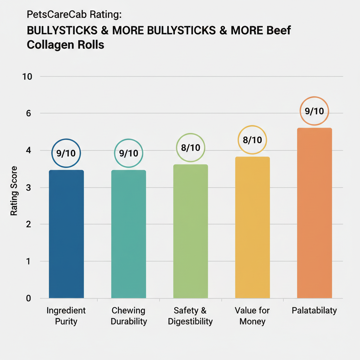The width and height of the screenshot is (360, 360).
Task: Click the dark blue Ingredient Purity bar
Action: pos(66,234)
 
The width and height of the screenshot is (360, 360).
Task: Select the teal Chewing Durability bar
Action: pos(129,234)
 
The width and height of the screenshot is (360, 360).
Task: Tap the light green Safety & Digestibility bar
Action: pos(191,231)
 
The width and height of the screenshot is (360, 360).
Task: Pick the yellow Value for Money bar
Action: pos(252,227)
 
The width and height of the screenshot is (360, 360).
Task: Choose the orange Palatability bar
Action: pos(314,213)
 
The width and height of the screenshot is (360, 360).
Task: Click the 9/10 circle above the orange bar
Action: pos(314,111)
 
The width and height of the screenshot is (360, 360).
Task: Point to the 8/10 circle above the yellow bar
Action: pos(252,140)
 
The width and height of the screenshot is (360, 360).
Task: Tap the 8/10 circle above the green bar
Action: pos(190,148)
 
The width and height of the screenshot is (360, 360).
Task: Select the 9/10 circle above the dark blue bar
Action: pos(66,153)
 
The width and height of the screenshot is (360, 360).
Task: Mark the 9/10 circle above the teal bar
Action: pos(129,153)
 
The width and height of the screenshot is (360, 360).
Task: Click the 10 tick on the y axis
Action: pos(27,77)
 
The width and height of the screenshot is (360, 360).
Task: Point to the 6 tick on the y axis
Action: pos(29,114)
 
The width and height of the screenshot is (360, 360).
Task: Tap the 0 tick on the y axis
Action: pos(29,298)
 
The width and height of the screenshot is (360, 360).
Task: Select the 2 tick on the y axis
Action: pos(29,224)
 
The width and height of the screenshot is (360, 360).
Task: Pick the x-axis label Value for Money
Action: pos(252,316)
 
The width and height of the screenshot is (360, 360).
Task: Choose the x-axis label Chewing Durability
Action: pos(129,316)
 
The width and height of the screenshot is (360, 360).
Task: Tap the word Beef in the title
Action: pos(278,30)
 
